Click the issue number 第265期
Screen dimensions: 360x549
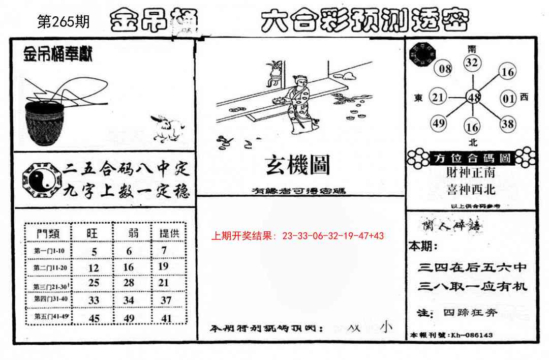(64, 22)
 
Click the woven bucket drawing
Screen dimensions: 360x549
(44, 122)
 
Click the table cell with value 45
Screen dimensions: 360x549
(94, 318)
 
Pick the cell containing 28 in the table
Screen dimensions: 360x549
(129, 283)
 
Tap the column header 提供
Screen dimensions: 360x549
(169, 233)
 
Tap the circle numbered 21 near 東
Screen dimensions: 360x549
(438, 97)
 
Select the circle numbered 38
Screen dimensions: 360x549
(507, 123)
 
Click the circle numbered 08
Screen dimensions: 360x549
(445, 69)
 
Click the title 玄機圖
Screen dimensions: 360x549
(297, 165)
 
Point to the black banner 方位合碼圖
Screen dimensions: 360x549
(472, 158)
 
